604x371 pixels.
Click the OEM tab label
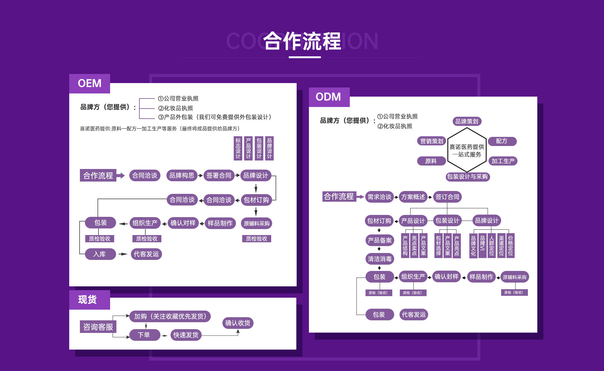click(90, 83)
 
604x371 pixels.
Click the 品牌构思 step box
click(182, 175)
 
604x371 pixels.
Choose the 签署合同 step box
click(219, 175)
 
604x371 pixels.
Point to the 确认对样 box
click(183, 223)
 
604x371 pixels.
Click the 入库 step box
click(100, 254)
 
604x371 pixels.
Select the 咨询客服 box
click(98, 327)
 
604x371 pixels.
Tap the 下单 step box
click(144, 335)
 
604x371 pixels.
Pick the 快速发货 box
click(186, 335)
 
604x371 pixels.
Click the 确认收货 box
click(238, 323)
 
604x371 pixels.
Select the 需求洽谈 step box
click(379, 197)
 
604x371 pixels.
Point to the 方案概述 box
click(413, 197)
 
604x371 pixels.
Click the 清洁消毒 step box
click(380, 259)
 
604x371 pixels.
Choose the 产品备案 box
click(380, 240)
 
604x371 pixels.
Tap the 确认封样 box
click(446, 277)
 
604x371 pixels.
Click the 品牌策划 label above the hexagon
click(467, 121)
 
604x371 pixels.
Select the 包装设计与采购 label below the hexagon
click(467, 177)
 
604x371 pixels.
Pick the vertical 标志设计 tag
click(238, 148)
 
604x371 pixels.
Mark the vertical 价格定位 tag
click(511, 246)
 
